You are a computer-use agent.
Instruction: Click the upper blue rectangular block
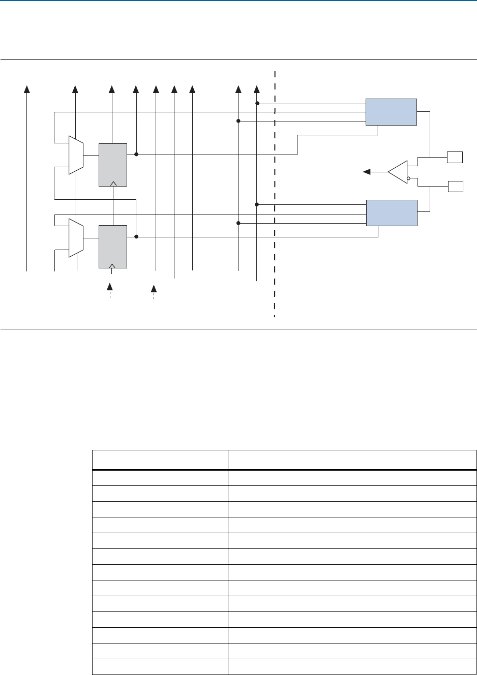[x=391, y=112]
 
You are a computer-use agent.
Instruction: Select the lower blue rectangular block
[x=392, y=213]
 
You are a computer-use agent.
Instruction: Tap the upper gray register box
[x=113, y=165]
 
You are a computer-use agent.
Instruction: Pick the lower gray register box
[x=113, y=246]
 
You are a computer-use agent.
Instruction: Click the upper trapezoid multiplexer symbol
[x=76, y=155]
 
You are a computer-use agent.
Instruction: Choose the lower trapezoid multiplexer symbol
[x=76, y=237]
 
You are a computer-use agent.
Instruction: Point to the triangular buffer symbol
[x=397, y=172]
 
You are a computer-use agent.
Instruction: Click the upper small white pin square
[x=455, y=157]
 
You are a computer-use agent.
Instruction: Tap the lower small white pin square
[x=455, y=186]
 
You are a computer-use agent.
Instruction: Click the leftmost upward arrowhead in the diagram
[x=27, y=89]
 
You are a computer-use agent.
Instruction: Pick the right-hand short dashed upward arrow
[x=154, y=290]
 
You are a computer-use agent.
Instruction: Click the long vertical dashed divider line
[x=275, y=203]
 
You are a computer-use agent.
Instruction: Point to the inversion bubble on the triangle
[x=408, y=178]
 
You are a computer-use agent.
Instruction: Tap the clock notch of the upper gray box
[x=113, y=183]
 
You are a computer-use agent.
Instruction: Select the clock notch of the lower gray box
[x=113, y=265]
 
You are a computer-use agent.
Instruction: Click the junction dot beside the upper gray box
[x=136, y=154]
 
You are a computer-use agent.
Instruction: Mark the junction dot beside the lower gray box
[x=136, y=236]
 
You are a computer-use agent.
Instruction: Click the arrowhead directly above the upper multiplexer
[x=75, y=89]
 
